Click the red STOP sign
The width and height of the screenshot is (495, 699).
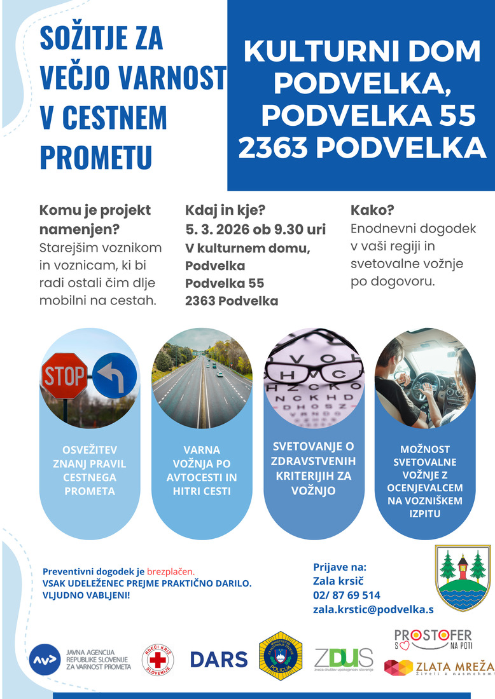point(64,376)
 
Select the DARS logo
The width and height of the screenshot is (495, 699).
point(219,659)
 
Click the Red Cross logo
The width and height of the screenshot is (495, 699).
point(157,659)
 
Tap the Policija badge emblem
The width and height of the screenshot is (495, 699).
point(281,656)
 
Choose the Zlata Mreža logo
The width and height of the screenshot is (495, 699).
point(438,668)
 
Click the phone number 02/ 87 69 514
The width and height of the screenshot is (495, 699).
point(347,595)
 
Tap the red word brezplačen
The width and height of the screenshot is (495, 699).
point(171,571)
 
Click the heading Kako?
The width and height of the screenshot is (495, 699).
point(372,211)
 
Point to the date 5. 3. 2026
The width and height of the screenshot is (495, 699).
point(216,229)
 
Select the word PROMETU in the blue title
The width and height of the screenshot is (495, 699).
point(96,156)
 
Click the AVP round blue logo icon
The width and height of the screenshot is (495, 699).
point(45,660)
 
